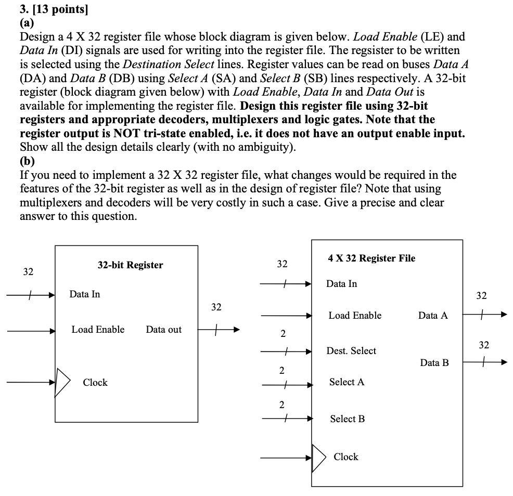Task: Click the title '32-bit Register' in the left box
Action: pyautogui.click(x=130, y=265)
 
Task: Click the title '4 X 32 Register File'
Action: pyautogui.click(x=371, y=258)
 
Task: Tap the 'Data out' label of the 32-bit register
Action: pyautogui.click(x=164, y=330)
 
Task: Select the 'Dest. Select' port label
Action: pyautogui.click(x=351, y=351)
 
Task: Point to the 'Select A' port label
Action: pyautogui.click(x=347, y=382)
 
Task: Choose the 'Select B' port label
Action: pyautogui.click(x=347, y=419)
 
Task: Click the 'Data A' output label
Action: pyautogui.click(x=432, y=316)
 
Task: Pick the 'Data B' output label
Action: pyautogui.click(x=434, y=363)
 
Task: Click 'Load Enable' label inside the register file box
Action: pyautogui.click(x=355, y=316)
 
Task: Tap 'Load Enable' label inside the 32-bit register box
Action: pyautogui.click(x=98, y=330)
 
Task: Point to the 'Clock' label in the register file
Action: pyautogui.click(x=346, y=457)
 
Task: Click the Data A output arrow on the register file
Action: pyautogui.click(x=484, y=315)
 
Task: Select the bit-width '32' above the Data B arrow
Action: pyautogui.click(x=484, y=345)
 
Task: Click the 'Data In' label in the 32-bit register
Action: pyautogui.click(x=85, y=294)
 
